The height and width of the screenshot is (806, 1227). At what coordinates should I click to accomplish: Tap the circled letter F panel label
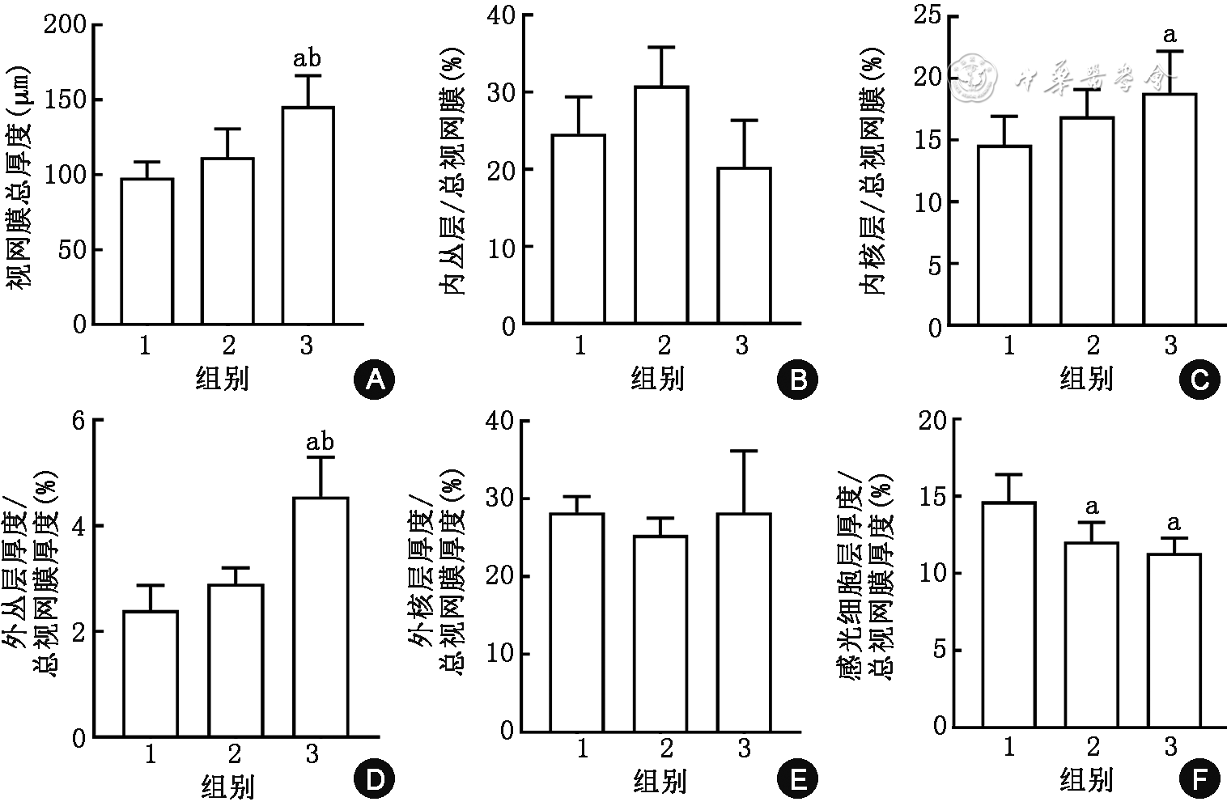(x=1199, y=780)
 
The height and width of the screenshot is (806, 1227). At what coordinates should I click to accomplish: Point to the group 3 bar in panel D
(x=321, y=617)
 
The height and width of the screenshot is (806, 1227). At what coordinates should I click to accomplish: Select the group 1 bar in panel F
(x=1008, y=613)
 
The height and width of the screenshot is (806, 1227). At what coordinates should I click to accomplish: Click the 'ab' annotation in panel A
(x=307, y=58)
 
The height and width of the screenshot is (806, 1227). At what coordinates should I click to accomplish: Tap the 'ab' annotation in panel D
(x=320, y=442)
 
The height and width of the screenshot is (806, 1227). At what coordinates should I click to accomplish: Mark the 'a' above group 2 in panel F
(x=1091, y=507)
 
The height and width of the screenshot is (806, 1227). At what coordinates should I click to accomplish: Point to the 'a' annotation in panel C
(x=1169, y=36)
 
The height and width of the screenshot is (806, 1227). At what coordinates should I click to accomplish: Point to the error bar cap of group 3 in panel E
(x=744, y=451)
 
